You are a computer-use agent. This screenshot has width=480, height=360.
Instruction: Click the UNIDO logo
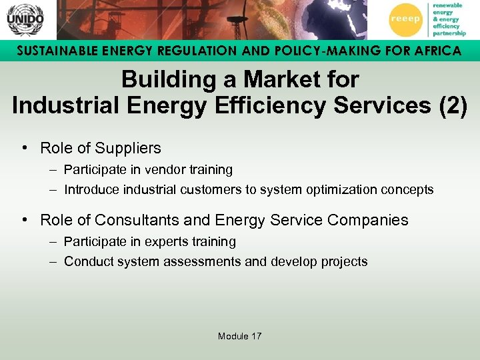(x=25, y=19)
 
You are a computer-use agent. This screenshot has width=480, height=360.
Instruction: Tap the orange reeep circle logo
(x=406, y=19)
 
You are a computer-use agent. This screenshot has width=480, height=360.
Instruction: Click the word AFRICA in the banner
(x=433, y=51)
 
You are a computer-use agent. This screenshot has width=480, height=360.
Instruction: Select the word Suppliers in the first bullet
(x=129, y=148)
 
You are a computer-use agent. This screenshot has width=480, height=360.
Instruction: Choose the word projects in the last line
(x=345, y=262)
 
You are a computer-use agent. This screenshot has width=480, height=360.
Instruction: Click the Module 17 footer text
(x=239, y=336)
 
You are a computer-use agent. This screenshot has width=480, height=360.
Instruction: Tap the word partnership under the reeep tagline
(x=449, y=33)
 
